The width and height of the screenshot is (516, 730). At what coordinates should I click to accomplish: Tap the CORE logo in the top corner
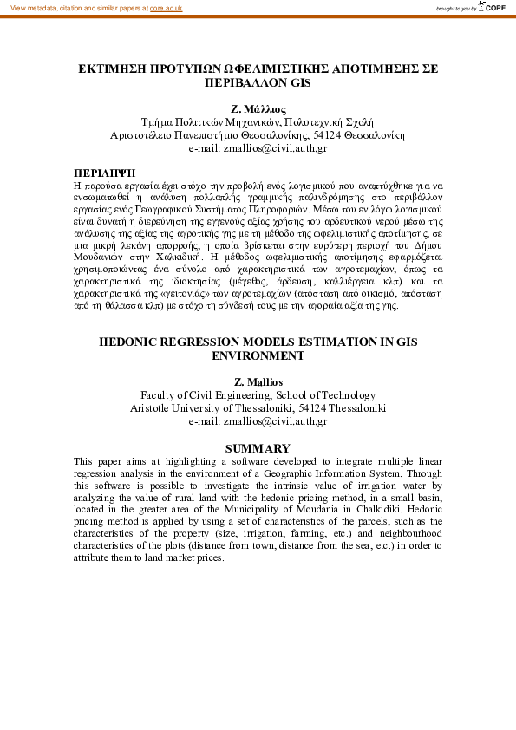coord(492,8)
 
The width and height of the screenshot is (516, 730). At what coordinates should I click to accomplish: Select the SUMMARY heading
coord(258,448)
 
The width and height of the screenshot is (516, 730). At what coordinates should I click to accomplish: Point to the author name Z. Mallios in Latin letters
coord(258,381)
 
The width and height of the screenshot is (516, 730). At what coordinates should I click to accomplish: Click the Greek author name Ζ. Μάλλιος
coord(258,109)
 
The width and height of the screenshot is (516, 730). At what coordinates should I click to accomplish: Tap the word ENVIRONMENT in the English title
coord(258,355)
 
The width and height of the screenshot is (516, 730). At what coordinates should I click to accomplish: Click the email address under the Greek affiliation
coord(258,148)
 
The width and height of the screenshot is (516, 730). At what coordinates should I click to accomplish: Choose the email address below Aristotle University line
coord(258,421)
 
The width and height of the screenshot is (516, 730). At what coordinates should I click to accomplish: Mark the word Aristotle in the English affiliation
coord(151,407)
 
